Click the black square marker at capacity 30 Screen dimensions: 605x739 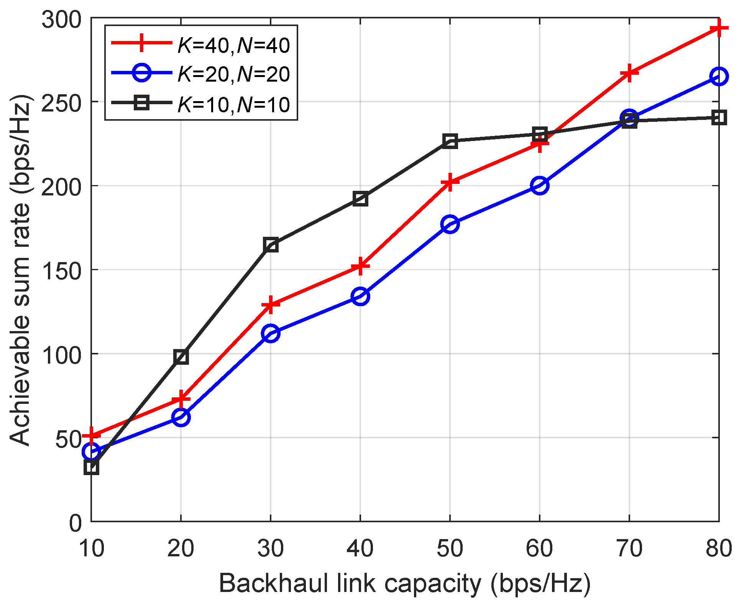(x=271, y=244)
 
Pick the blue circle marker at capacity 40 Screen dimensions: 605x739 (x=360, y=296)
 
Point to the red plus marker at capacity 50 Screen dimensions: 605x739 (x=450, y=182)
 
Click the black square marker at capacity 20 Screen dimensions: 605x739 (x=181, y=357)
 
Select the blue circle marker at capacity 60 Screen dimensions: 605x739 (x=540, y=185)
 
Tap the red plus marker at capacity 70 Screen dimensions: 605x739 (x=629, y=73)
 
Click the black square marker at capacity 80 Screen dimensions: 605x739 (x=719, y=117)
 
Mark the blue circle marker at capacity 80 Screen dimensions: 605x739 (x=719, y=76)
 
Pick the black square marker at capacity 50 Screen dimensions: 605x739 (x=450, y=141)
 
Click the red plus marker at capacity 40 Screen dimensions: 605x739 (x=360, y=266)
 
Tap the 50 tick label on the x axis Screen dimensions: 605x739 (x=450, y=548)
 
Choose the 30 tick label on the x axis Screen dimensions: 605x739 (x=271, y=548)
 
